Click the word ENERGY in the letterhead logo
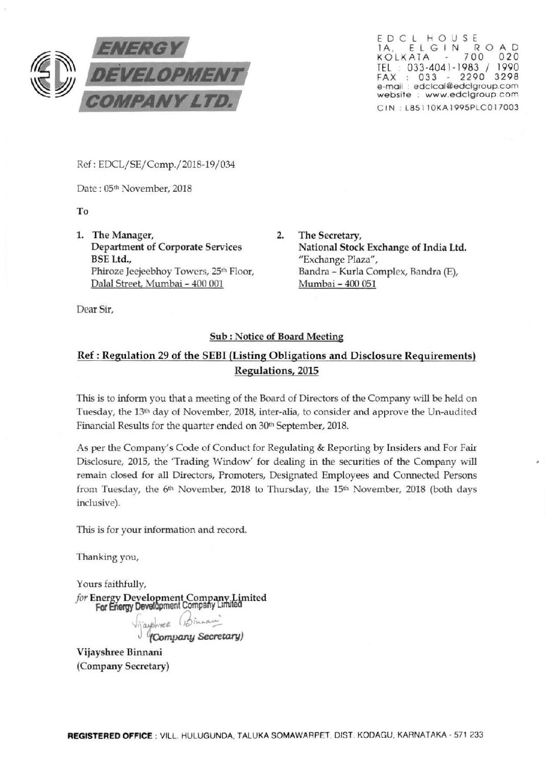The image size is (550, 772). click(135, 49)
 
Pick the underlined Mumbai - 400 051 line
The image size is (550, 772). click(337, 284)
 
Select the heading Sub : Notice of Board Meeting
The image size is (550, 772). click(276, 336)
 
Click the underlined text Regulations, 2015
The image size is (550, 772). click(276, 370)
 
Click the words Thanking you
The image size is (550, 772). click(107, 557)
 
